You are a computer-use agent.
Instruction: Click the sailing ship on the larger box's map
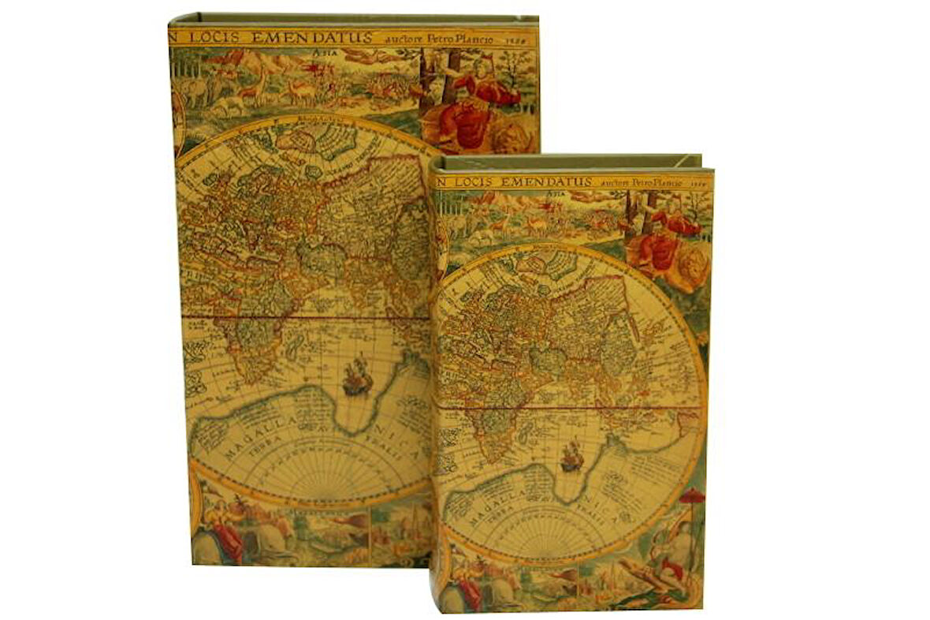point(357,376)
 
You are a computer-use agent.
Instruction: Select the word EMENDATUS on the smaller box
point(546,182)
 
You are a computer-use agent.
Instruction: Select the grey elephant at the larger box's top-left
point(193,91)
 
